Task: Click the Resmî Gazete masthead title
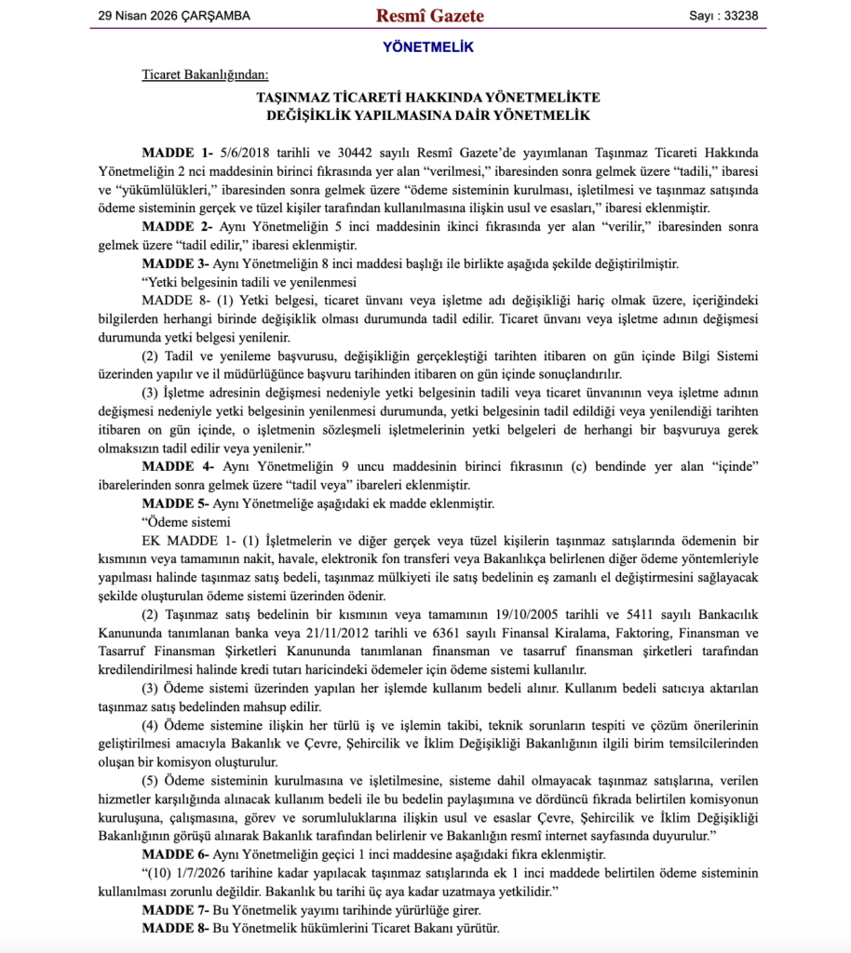429,15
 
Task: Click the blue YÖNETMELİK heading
428,47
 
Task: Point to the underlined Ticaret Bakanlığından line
204,74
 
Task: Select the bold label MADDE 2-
177,226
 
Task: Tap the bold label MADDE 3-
177,263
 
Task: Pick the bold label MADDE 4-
177,466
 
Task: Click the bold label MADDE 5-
177,503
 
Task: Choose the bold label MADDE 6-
177,854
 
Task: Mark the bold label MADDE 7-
177,909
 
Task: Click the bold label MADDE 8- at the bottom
177,928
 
